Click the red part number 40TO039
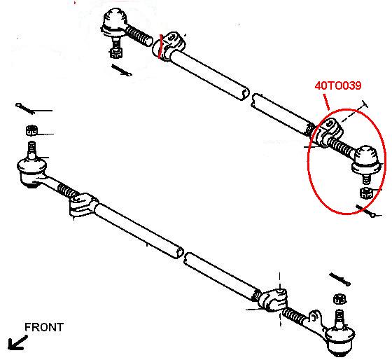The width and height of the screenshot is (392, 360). [x=337, y=85]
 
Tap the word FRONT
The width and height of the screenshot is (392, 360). [x=44, y=327]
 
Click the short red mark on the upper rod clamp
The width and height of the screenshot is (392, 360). [x=161, y=46]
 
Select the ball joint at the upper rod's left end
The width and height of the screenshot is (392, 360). [x=113, y=22]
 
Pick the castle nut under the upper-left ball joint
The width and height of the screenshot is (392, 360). [x=115, y=53]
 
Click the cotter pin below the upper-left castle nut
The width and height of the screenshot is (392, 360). [x=122, y=70]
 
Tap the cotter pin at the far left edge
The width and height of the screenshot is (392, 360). [x=25, y=109]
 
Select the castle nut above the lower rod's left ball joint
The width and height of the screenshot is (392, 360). [x=31, y=130]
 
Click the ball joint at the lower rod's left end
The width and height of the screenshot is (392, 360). [x=31, y=170]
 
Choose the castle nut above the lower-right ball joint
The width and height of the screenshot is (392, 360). [x=339, y=300]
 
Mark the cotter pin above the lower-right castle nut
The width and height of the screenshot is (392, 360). [x=340, y=279]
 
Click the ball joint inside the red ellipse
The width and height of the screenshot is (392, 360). [x=366, y=160]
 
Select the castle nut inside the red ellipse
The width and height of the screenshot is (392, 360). [x=367, y=193]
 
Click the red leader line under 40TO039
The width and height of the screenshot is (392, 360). [x=326, y=102]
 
